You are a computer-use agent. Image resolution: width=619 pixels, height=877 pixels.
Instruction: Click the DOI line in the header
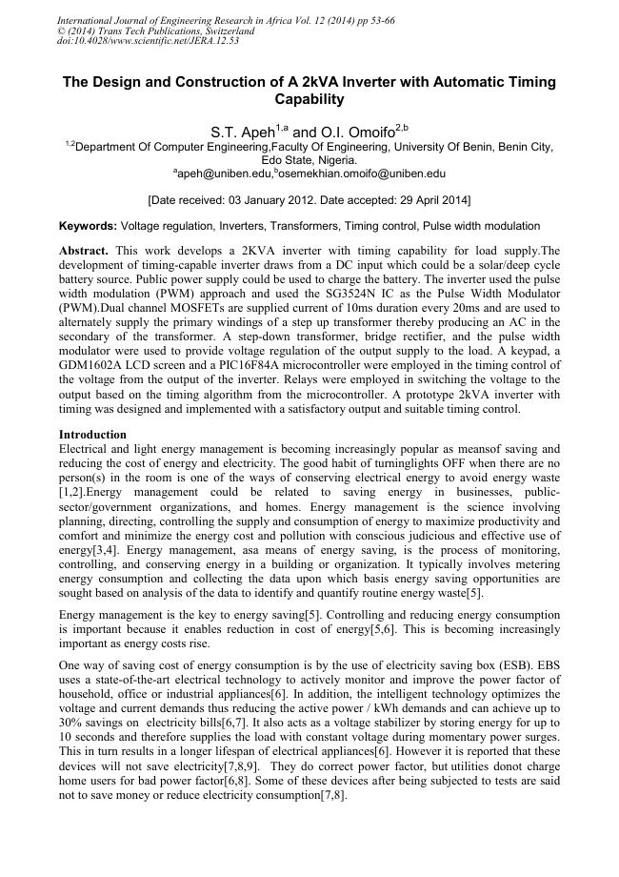[x=149, y=41]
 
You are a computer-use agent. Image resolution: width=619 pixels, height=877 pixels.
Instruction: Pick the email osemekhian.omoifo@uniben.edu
[x=363, y=174]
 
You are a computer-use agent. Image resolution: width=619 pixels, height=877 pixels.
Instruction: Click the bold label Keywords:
[x=88, y=226]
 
